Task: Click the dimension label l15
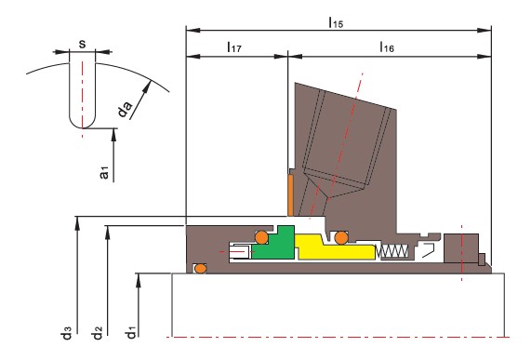coord(336,22)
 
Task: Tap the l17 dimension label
coord(234,47)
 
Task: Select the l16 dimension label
coord(387,47)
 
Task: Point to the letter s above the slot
coord(82,44)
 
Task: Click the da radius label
coord(125,109)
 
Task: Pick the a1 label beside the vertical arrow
coord(104,172)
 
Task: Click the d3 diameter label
coord(66,332)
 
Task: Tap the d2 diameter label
coord(97,332)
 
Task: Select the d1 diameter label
coord(130,332)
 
